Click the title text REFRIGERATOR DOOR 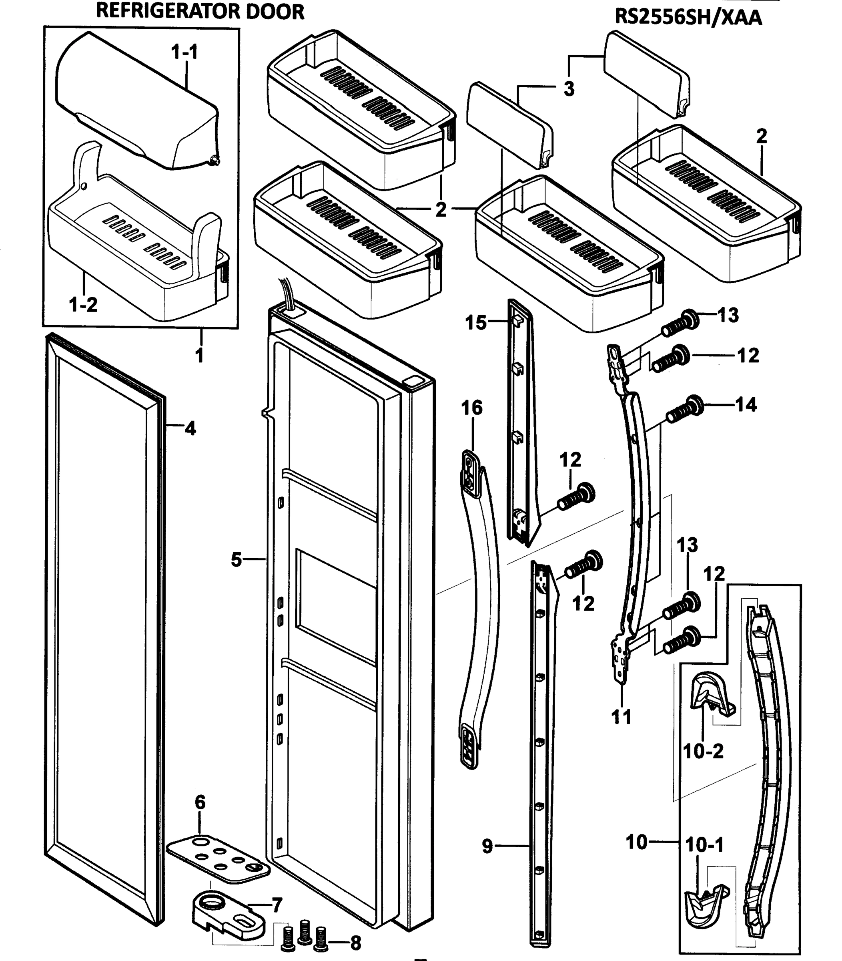click(x=200, y=11)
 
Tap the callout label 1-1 click(x=184, y=52)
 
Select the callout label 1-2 click(x=83, y=305)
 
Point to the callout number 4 click(x=190, y=428)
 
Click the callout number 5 click(x=236, y=559)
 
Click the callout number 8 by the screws click(x=356, y=943)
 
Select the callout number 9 click(x=488, y=846)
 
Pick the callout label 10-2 click(x=704, y=751)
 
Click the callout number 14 click(x=746, y=404)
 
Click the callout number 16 click(x=472, y=408)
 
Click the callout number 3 click(x=569, y=88)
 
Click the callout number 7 click(x=277, y=905)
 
